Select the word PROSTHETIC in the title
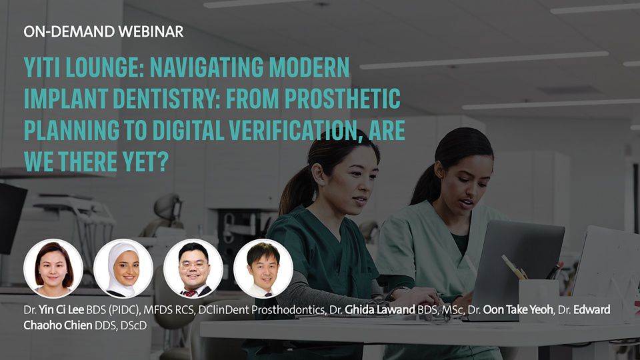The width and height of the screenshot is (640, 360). (343, 99)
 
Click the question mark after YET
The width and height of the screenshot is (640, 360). (163, 161)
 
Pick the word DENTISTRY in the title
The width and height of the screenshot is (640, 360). (167, 99)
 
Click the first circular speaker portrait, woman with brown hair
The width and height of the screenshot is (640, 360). (53, 269)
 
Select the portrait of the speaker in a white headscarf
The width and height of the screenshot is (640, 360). (123, 269)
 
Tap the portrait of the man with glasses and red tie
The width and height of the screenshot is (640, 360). (193, 269)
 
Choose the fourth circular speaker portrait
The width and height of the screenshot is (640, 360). (263, 269)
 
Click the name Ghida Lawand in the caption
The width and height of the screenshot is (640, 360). (379, 310)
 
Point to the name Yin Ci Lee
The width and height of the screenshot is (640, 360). (61, 310)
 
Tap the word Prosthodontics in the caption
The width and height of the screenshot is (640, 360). (288, 310)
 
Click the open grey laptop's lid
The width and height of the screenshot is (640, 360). (517, 265)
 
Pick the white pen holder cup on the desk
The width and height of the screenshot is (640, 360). (539, 299)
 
